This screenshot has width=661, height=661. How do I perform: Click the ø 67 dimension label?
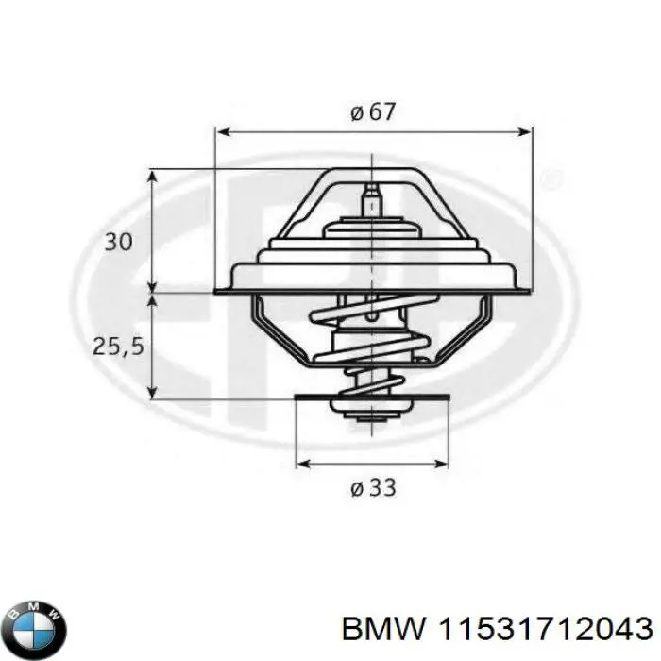click(x=373, y=111)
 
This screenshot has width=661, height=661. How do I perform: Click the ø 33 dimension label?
click(x=373, y=488)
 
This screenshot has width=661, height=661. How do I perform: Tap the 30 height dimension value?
click(x=118, y=243)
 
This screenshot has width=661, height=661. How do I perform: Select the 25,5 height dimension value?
click(x=118, y=347)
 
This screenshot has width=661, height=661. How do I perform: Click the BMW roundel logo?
click(x=36, y=626)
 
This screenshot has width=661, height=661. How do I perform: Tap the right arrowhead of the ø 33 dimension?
click(x=444, y=464)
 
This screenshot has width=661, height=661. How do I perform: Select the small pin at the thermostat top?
click(x=372, y=200)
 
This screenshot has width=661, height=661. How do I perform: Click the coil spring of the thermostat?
click(x=373, y=349)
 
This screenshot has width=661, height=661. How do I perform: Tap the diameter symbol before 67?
click(x=357, y=112)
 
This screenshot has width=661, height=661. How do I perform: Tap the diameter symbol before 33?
click(x=357, y=489)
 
